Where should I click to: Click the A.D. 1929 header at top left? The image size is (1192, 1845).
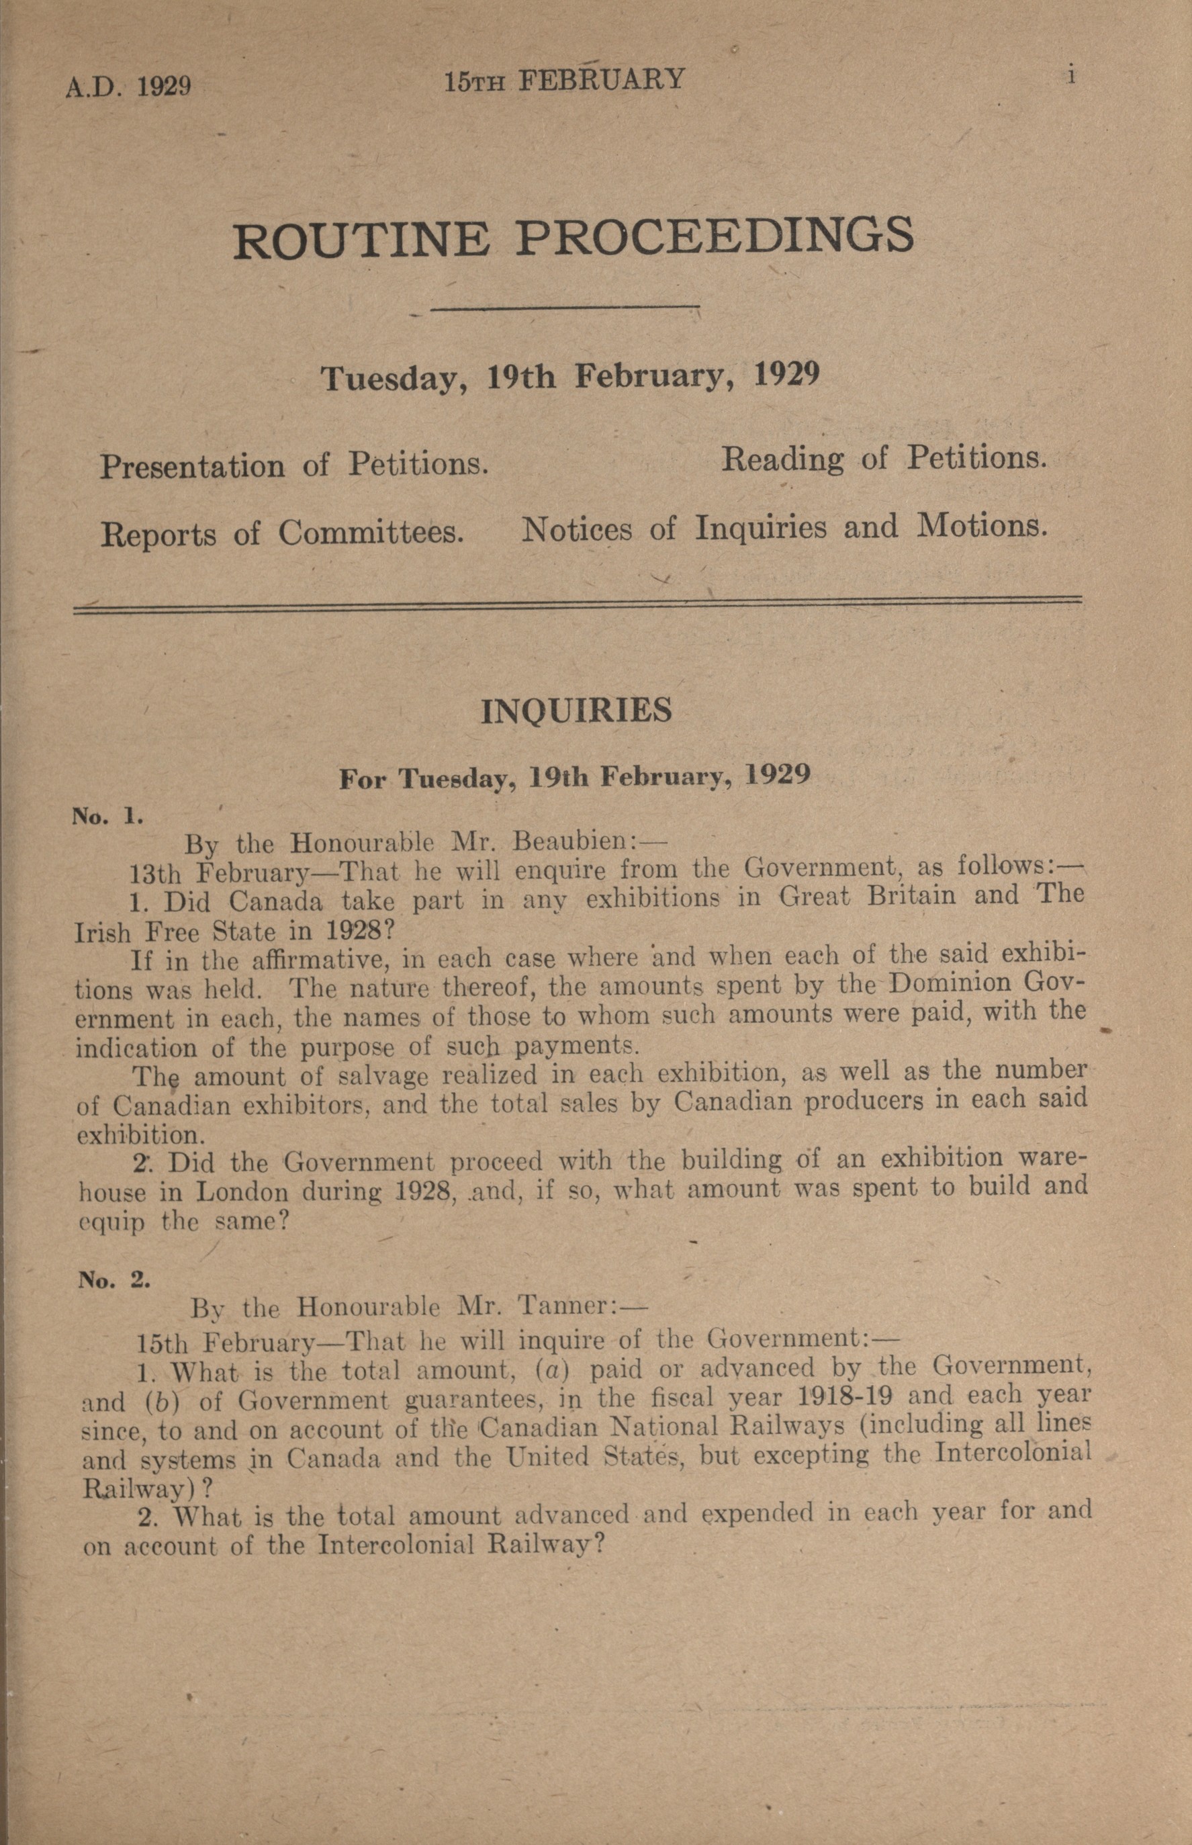(128, 85)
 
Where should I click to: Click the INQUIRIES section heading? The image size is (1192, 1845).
(576, 711)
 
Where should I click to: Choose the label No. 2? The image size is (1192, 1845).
(113, 1279)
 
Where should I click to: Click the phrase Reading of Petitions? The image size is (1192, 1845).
(883, 459)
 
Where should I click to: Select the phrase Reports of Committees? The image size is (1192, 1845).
(282, 534)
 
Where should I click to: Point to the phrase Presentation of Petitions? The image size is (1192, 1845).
(293, 465)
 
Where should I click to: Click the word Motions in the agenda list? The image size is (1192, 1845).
(981, 527)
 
